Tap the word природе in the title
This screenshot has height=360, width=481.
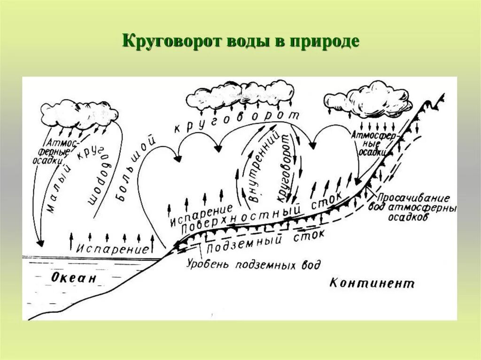pyautogui.click(x=324, y=41)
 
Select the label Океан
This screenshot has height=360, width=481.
pyautogui.click(x=73, y=278)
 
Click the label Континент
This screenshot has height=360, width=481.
pyautogui.click(x=372, y=283)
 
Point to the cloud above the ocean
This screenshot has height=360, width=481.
pyautogui.click(x=78, y=113)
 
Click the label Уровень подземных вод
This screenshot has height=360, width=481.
pyautogui.click(x=253, y=264)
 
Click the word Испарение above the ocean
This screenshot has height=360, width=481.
pyautogui.click(x=113, y=248)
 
